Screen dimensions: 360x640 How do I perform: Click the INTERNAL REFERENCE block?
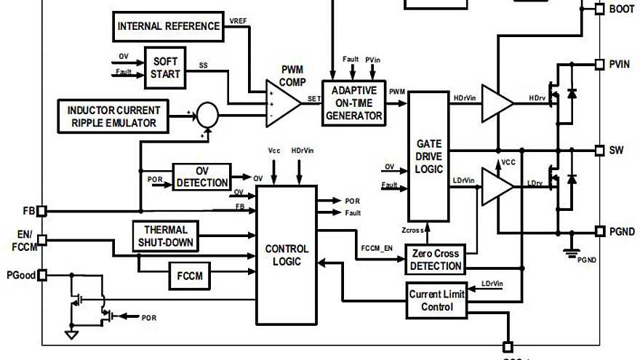pyautogui.click(x=169, y=27)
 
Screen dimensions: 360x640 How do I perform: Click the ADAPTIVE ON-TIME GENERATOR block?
pyautogui.click(x=353, y=103)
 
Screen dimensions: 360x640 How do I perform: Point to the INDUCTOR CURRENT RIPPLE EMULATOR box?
pyautogui.click(x=113, y=116)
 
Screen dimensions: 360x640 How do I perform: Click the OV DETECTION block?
pyautogui.click(x=201, y=177)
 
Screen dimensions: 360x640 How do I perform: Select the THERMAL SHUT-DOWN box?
pyautogui.click(x=165, y=236)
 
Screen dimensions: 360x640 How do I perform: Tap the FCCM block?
pyautogui.click(x=190, y=276)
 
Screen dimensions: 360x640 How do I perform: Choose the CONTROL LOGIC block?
pyautogui.click(x=286, y=255)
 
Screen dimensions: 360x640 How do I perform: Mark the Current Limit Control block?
pyautogui.click(x=436, y=300)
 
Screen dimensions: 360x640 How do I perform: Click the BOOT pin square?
pyautogui.click(x=599, y=9)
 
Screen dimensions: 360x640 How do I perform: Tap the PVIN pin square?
pyautogui.click(x=599, y=64)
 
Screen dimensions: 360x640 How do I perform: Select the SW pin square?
pyautogui.click(x=599, y=151)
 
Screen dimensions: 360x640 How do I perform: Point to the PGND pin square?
pyautogui.click(x=599, y=231)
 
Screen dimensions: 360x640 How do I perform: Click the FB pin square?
pyautogui.click(x=41, y=211)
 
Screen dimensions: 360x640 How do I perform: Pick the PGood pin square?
pyautogui.click(x=41, y=275)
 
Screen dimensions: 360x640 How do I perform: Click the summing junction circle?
pyautogui.click(x=208, y=113)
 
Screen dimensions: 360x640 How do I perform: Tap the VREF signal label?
pyautogui.click(x=237, y=20)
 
